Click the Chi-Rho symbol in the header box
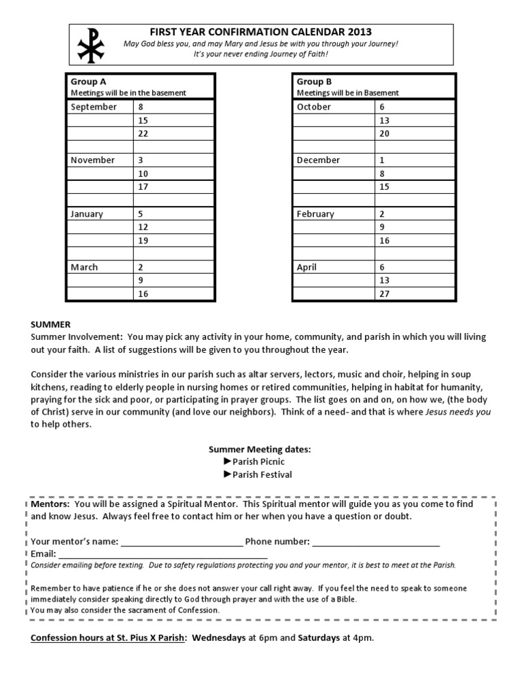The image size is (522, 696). tap(88, 44)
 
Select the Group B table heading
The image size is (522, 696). tap(309, 82)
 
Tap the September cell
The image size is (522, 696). tap(94, 107)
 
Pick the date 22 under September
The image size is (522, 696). tap(143, 133)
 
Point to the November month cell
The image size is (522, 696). tap(93, 160)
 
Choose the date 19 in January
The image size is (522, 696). tap(143, 241)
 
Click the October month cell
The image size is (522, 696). tap(314, 107)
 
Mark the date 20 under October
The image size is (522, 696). tap(385, 133)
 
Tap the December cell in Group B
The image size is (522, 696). tap(318, 160)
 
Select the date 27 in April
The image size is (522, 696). tap(385, 294)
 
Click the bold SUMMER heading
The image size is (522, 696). tap(51, 324)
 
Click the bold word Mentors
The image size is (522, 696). tap(50, 504)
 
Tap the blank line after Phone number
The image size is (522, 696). tap(376, 542)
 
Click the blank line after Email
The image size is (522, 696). tap(163, 554)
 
